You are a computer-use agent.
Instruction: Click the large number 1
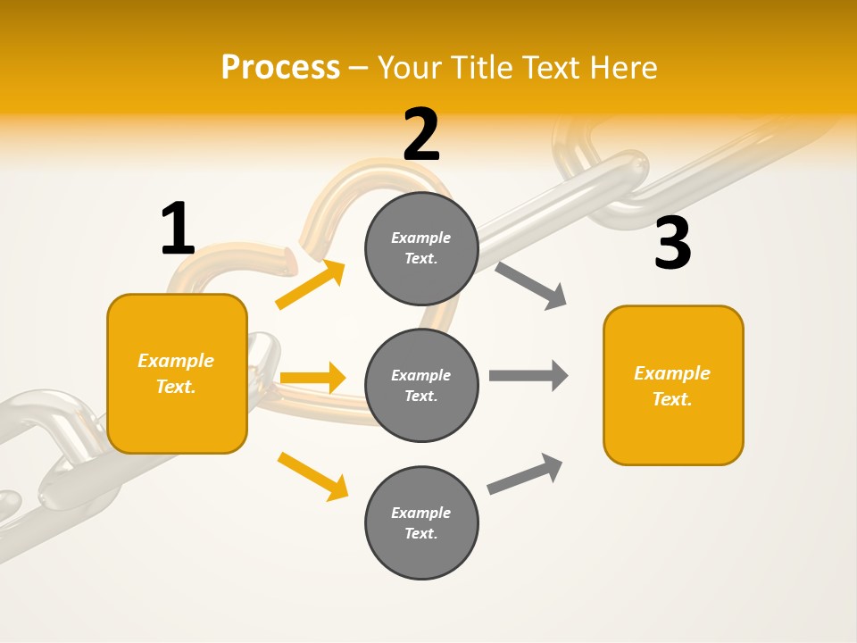(x=178, y=229)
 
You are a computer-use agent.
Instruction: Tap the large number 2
(x=421, y=135)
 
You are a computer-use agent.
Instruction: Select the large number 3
(x=672, y=243)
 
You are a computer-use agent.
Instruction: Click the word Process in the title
(x=280, y=67)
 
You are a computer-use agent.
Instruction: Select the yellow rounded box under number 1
(x=177, y=373)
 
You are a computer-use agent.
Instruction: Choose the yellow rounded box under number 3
(x=673, y=386)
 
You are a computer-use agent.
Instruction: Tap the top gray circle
(x=421, y=248)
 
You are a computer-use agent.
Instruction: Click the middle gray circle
(x=421, y=386)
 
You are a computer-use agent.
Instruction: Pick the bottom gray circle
(x=421, y=523)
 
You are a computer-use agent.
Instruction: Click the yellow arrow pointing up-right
(x=311, y=284)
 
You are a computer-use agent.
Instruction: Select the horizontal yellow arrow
(x=312, y=378)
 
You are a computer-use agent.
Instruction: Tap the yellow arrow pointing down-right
(x=312, y=476)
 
